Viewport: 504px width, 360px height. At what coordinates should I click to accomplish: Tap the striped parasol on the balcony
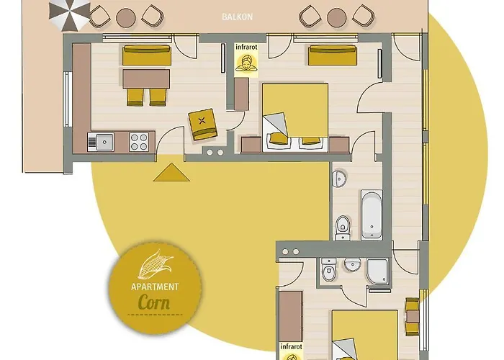pyautogui.click(x=69, y=14)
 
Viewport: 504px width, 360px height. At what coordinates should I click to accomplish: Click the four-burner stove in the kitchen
pyautogui.click(x=140, y=141)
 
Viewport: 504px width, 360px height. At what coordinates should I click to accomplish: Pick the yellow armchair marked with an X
pyautogui.click(x=203, y=124)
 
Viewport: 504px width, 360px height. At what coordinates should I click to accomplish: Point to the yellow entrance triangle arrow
pyautogui.click(x=171, y=172)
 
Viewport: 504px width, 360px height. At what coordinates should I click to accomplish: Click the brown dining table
pyautogui.click(x=146, y=77)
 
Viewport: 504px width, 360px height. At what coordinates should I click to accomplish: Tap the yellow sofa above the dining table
pyautogui.click(x=146, y=55)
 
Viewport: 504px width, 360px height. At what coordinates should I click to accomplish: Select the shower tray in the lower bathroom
pyautogui.click(x=378, y=271)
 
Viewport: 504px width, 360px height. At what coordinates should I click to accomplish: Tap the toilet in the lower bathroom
pyautogui.click(x=328, y=273)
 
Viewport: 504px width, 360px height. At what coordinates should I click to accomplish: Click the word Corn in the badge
pyautogui.click(x=153, y=301)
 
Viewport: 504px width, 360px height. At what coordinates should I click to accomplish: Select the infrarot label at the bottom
pyautogui.click(x=291, y=346)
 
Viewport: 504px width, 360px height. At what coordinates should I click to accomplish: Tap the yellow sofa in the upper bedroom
pyautogui.click(x=329, y=55)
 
